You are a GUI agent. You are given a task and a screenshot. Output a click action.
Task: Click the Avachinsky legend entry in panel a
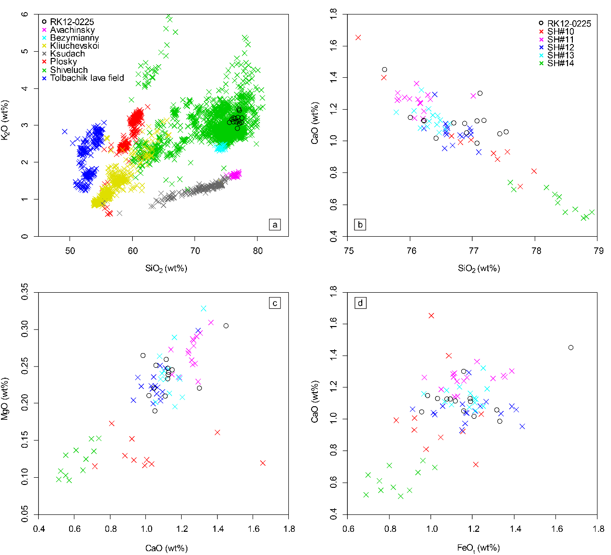click(69, 30)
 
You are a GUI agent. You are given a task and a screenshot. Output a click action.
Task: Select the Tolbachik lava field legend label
click(87, 78)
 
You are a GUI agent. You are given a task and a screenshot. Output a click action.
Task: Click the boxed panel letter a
click(275, 225)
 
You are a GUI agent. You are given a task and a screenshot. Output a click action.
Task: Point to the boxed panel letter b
click(360, 225)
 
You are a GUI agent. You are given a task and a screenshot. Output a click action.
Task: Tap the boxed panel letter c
click(275, 303)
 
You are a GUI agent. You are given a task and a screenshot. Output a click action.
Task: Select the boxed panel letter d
click(360, 303)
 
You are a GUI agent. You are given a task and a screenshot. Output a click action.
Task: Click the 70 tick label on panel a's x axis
click(195, 251)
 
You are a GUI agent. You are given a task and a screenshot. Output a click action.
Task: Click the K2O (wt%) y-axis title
click(5, 120)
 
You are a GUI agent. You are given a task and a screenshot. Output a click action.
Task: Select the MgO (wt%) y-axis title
click(5, 398)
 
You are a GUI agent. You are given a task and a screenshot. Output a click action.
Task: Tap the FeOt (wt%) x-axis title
click(478, 548)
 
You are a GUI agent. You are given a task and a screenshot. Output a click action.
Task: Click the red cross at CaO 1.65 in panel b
click(358, 38)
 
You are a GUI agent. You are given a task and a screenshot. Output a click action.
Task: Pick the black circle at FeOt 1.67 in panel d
click(571, 348)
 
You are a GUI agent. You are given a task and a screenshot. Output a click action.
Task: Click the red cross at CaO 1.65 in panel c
click(263, 463)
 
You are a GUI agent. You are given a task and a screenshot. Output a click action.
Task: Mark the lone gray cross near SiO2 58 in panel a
click(120, 213)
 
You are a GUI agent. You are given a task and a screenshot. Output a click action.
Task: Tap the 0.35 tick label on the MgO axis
click(26, 292)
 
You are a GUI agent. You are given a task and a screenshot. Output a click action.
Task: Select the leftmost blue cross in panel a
click(65, 131)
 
